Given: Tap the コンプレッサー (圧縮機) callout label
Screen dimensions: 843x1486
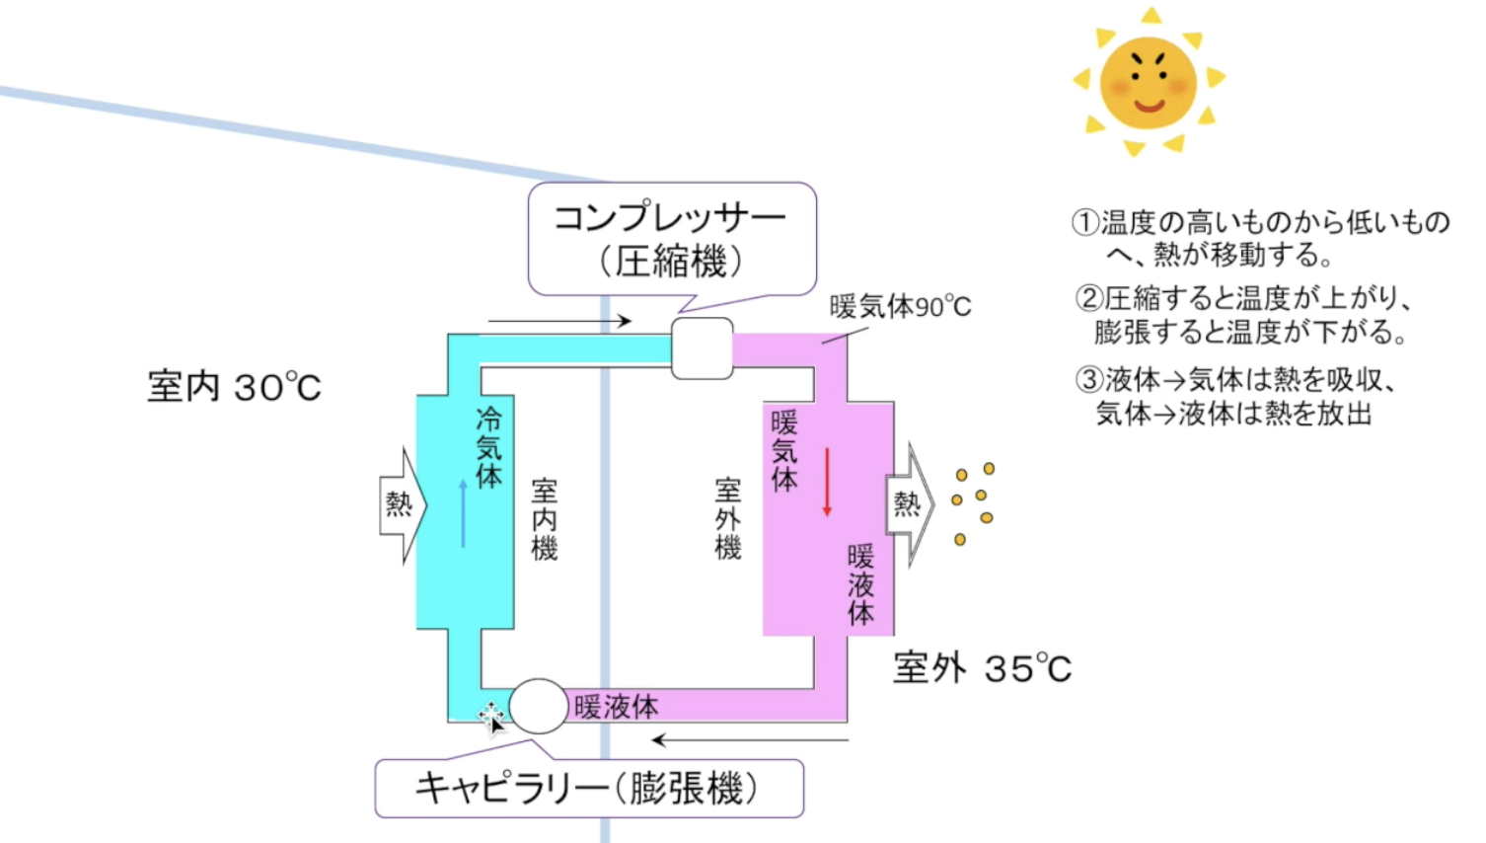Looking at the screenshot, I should pyautogui.click(x=671, y=239).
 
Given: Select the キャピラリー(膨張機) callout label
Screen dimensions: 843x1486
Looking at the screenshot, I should pyautogui.click(x=588, y=789).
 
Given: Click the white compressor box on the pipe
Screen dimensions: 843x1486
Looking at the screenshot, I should pyautogui.click(x=702, y=348).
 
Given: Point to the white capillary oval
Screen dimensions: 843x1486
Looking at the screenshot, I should pyautogui.click(x=539, y=706).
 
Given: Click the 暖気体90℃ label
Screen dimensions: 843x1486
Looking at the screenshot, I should pyautogui.click(x=900, y=307).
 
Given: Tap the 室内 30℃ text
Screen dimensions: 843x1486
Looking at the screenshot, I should pyautogui.click(x=235, y=387).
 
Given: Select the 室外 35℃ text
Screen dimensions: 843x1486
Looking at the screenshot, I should pyautogui.click(x=982, y=668).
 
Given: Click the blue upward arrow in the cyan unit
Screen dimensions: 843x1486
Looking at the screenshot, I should pyautogui.click(x=463, y=513).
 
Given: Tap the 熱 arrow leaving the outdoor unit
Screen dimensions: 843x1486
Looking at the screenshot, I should pyautogui.click(x=909, y=504).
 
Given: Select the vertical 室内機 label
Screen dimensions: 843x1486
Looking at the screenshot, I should pyautogui.click(x=544, y=519).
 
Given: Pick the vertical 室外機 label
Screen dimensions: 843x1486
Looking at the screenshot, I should pyautogui.click(x=727, y=518).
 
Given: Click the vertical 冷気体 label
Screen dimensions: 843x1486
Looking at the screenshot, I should pyautogui.click(x=488, y=447).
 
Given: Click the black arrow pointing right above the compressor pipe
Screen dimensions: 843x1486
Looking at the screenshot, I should pyautogui.click(x=558, y=321).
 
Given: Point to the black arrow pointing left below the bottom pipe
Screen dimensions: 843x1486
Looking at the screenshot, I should pyautogui.click(x=750, y=739).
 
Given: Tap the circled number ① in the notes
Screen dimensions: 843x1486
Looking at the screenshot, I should pyautogui.click(x=1085, y=222).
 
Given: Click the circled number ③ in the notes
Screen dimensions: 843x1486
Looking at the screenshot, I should pyautogui.click(x=1088, y=379).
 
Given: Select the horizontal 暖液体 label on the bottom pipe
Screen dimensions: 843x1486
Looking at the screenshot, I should pyautogui.click(x=616, y=707).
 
